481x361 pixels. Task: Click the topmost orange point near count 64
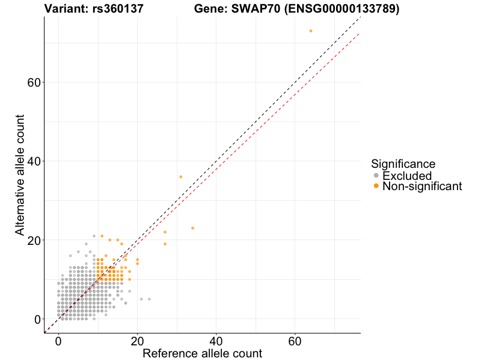click(x=311, y=31)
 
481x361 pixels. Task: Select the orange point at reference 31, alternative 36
click(x=180, y=177)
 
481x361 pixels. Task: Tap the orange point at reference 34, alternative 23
click(x=192, y=228)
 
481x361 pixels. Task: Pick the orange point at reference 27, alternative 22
click(x=165, y=232)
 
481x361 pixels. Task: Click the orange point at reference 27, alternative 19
click(x=165, y=244)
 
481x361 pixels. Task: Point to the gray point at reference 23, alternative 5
click(x=149, y=299)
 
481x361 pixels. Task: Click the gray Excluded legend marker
click(x=376, y=176)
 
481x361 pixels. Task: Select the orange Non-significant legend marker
click(x=376, y=187)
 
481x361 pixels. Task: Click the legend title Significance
click(x=403, y=164)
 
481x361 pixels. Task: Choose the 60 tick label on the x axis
click(x=295, y=341)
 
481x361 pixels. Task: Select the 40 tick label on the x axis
click(x=216, y=341)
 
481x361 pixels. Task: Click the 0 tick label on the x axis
click(x=58, y=341)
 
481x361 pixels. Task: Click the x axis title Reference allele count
click(x=202, y=353)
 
